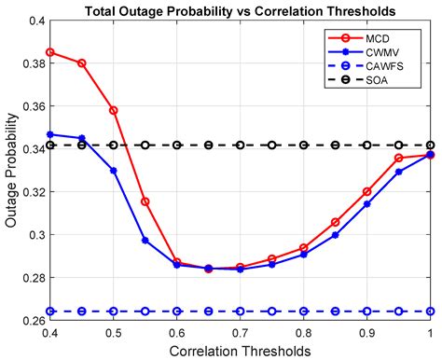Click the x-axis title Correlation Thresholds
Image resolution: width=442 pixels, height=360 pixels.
[x=239, y=350]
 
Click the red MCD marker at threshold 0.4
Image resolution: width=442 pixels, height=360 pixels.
[x=49, y=52]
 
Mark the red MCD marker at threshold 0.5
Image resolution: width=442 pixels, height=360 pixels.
[x=113, y=110]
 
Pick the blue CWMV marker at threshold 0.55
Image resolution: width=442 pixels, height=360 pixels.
[x=145, y=241]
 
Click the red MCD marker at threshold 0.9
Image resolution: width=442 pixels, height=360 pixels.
[x=366, y=191]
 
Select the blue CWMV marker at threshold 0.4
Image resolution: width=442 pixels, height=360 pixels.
[x=49, y=134]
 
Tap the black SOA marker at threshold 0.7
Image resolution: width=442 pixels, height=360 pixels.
[x=240, y=145]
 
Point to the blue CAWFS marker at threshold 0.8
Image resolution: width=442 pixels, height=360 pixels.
[x=303, y=312]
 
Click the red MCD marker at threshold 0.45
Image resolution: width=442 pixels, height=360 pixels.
[x=81, y=62]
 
